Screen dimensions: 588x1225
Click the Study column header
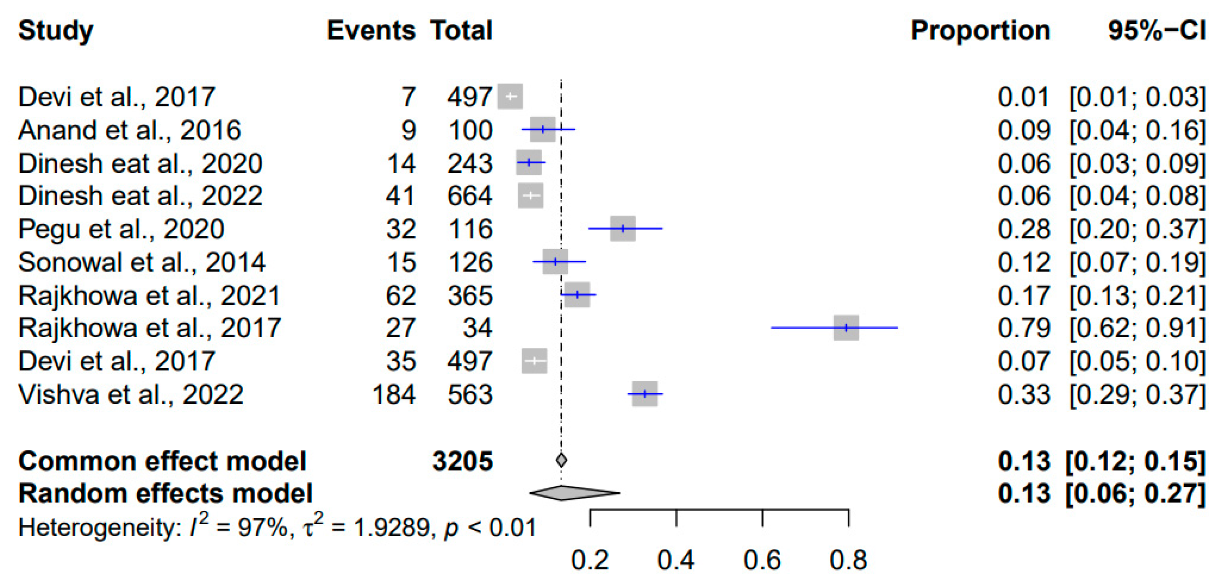click(x=56, y=31)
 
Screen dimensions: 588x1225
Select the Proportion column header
click(x=980, y=31)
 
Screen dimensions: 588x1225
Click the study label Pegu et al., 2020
click(x=121, y=229)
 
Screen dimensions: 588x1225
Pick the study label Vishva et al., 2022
click(x=131, y=394)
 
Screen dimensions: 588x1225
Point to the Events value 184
click(x=394, y=394)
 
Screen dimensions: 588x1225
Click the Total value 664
click(x=469, y=196)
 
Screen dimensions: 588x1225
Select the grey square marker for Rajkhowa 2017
click(x=846, y=328)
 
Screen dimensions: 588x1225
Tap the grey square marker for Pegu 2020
click(x=622, y=229)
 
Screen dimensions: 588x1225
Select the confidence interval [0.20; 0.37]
click(x=1137, y=229)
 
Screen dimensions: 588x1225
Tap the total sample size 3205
click(x=462, y=461)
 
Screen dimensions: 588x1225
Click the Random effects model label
click(x=165, y=493)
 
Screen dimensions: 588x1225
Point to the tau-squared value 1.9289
click(x=392, y=528)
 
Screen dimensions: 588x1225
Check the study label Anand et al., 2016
click(x=129, y=130)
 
